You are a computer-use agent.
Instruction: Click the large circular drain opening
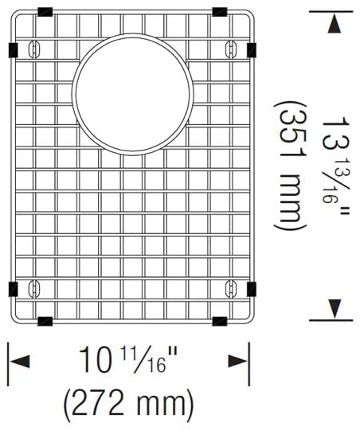pyautogui.click(x=132, y=93)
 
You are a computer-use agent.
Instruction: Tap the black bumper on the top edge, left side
pyautogui.click(x=45, y=13)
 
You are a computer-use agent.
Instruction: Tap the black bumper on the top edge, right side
pyautogui.click(x=220, y=13)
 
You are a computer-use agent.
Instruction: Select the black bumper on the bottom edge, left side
pyautogui.click(x=45, y=321)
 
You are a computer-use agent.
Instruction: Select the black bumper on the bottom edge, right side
pyautogui.click(x=220, y=321)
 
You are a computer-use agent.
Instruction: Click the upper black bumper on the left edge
pyautogui.click(x=13, y=50)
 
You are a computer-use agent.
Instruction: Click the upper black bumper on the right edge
pyautogui.click(x=252, y=50)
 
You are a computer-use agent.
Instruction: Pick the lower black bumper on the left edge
pyautogui.click(x=13, y=288)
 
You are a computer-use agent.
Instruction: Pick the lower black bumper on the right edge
pyautogui.click(x=252, y=288)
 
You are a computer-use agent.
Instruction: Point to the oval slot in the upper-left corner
pyautogui.click(x=33, y=49)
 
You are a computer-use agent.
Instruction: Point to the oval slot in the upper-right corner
pyautogui.click(x=232, y=49)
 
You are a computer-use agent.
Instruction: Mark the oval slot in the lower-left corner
pyautogui.click(x=33, y=287)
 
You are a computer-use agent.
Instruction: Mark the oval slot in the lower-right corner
pyautogui.click(x=232, y=287)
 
